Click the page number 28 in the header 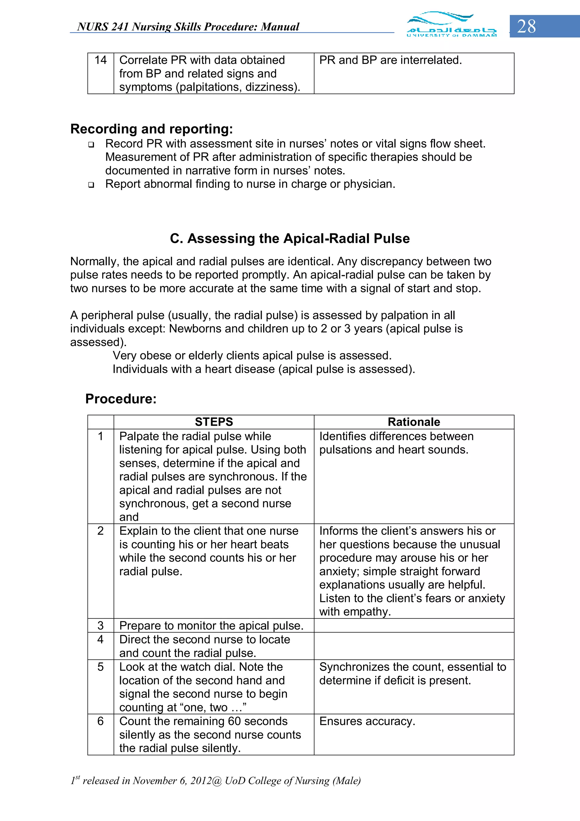point(526,26)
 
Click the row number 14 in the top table point(101,60)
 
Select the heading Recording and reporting point(152,129)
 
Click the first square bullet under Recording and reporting point(91,145)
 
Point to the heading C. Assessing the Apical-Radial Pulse point(289,239)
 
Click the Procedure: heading point(121,399)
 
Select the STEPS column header point(214,422)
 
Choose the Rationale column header point(414,422)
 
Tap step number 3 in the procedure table point(101,625)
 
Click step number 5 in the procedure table point(101,667)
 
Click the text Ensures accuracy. point(367,721)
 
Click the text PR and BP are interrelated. point(390,60)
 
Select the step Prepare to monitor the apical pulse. point(211,625)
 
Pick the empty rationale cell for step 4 point(414,646)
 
